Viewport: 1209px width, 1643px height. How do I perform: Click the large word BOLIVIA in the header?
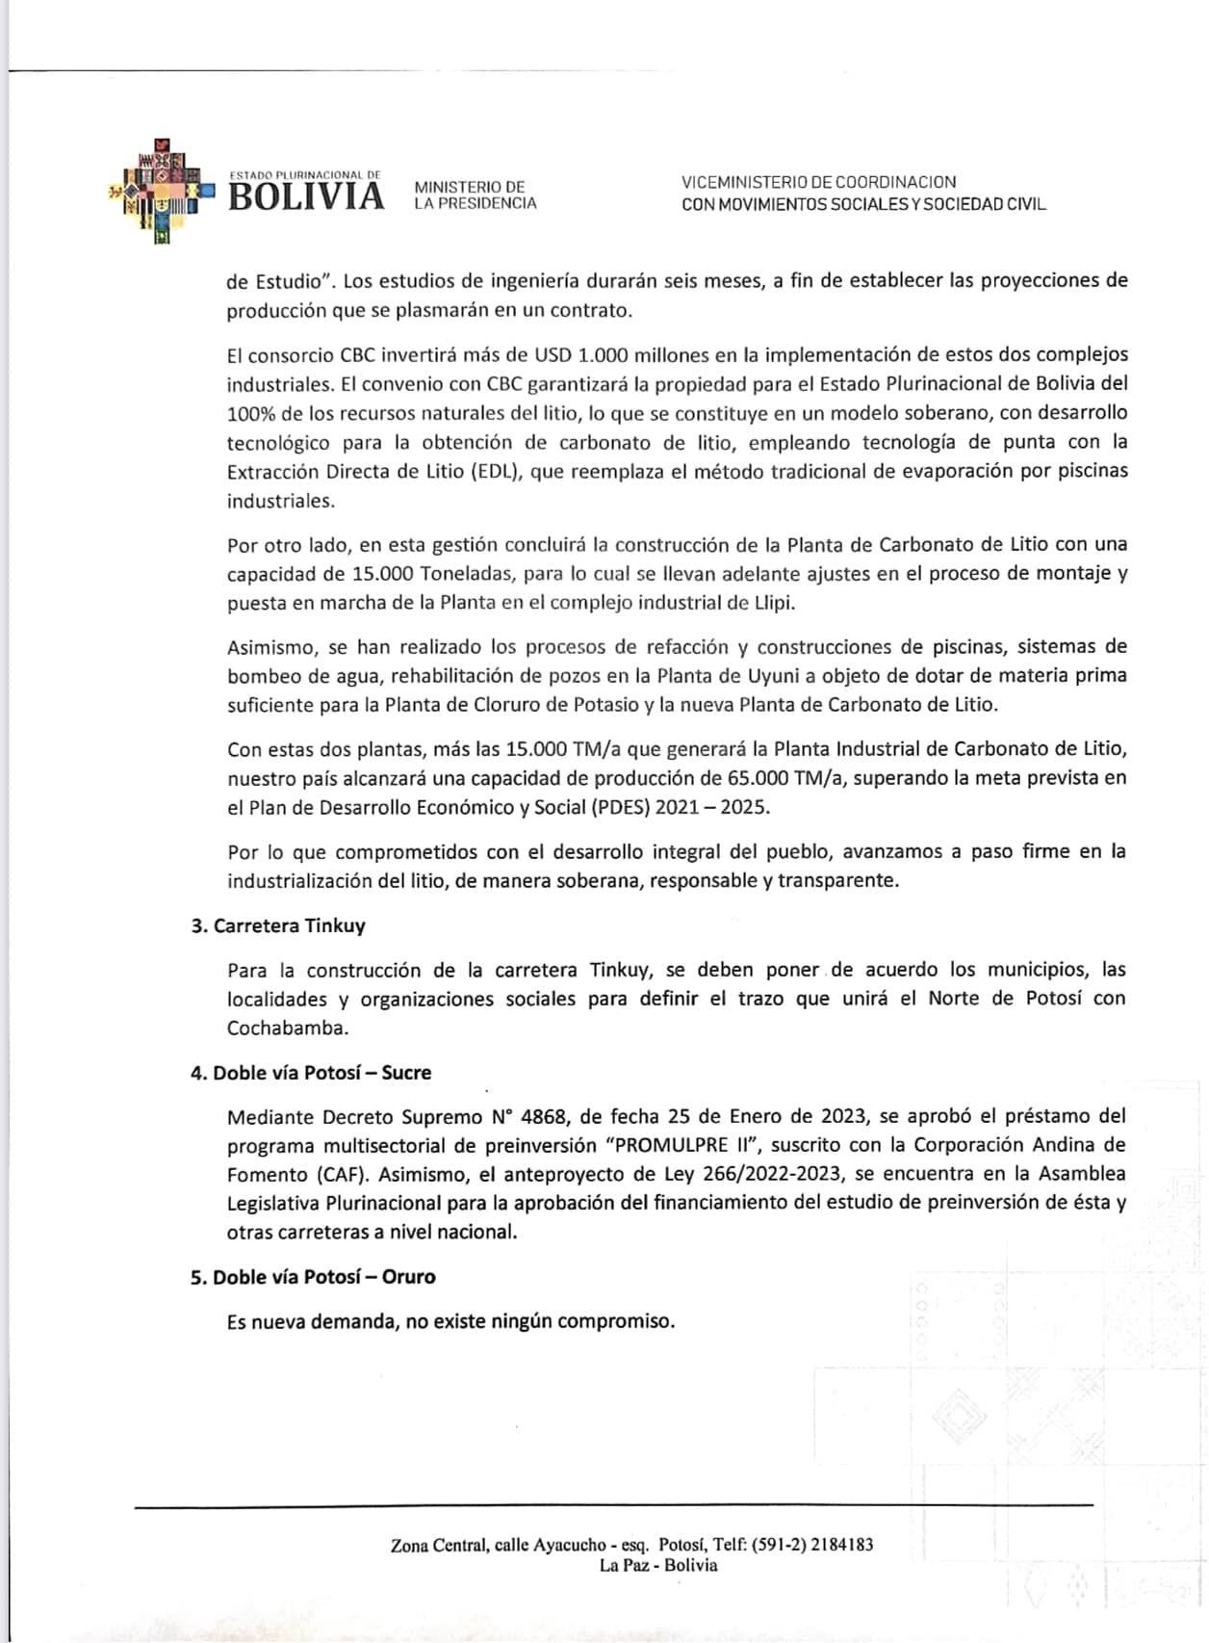(x=306, y=196)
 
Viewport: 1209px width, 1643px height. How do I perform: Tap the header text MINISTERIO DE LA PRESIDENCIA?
(x=475, y=195)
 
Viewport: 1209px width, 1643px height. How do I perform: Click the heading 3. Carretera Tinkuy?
(x=278, y=926)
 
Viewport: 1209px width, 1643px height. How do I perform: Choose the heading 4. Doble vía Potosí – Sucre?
(x=311, y=1073)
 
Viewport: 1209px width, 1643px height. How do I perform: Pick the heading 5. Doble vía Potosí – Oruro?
(x=313, y=1277)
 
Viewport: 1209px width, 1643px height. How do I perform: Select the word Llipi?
(x=774, y=603)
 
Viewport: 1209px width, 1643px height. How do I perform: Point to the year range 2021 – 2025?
(x=711, y=807)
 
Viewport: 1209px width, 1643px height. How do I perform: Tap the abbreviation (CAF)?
(x=343, y=1175)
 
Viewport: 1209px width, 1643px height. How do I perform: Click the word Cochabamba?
(x=287, y=1028)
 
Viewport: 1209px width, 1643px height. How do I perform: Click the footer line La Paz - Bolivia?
(x=658, y=1565)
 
